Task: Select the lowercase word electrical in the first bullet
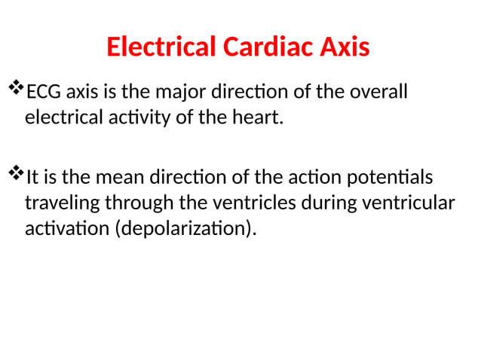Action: coord(61,118)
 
